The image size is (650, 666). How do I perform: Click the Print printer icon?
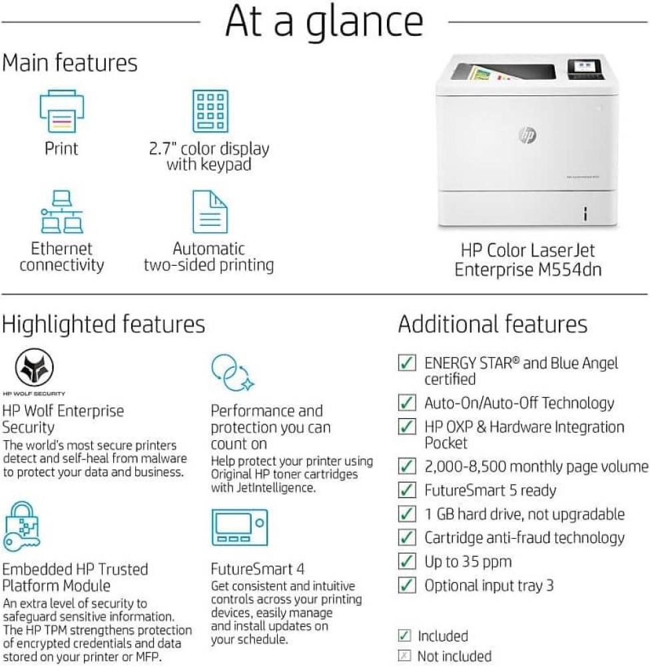(61, 111)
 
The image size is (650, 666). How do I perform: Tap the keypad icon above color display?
(210, 111)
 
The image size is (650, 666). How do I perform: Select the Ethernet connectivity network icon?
(62, 212)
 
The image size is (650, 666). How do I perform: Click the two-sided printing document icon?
(210, 212)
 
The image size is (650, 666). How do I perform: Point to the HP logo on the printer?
(527, 135)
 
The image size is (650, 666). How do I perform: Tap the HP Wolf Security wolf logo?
(34, 368)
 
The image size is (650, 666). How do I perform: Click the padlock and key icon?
(22, 527)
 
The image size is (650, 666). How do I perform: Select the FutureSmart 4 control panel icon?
(240, 527)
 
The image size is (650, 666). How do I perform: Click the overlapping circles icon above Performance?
(232, 372)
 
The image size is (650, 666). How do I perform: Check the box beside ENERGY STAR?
(406, 363)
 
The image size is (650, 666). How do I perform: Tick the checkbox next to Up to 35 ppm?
(406, 561)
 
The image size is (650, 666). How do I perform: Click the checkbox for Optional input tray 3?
(406, 585)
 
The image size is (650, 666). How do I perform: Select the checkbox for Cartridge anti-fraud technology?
(406, 537)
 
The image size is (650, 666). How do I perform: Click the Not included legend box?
(404, 656)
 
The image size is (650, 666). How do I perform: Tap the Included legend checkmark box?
(404, 636)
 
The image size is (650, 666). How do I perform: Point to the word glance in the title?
(364, 23)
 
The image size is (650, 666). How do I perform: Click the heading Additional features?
(493, 324)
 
